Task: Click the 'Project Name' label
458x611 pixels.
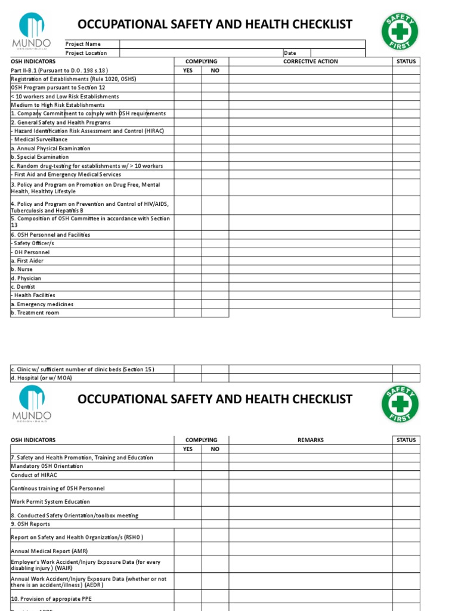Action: click(x=83, y=44)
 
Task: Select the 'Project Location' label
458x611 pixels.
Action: click(x=86, y=53)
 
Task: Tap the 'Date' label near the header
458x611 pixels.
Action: click(x=290, y=53)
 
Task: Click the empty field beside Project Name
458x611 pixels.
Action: click(x=242, y=44)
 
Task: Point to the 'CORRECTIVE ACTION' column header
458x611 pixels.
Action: click(x=310, y=61)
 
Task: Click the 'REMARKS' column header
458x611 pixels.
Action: click(x=310, y=440)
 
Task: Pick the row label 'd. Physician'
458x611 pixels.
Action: click(x=26, y=278)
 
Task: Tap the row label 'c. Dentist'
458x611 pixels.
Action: click(x=23, y=287)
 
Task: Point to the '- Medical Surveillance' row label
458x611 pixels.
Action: click(x=39, y=140)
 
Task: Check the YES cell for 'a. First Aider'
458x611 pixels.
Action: click(x=187, y=261)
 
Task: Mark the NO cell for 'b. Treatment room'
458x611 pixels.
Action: click(x=215, y=313)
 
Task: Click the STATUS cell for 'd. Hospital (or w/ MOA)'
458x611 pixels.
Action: click(x=407, y=378)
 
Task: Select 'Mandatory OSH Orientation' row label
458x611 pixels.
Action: click(x=47, y=466)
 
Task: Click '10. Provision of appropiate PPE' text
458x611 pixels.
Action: click(x=51, y=598)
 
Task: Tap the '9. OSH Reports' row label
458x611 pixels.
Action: click(x=30, y=524)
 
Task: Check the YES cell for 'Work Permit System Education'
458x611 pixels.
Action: click(x=187, y=501)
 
